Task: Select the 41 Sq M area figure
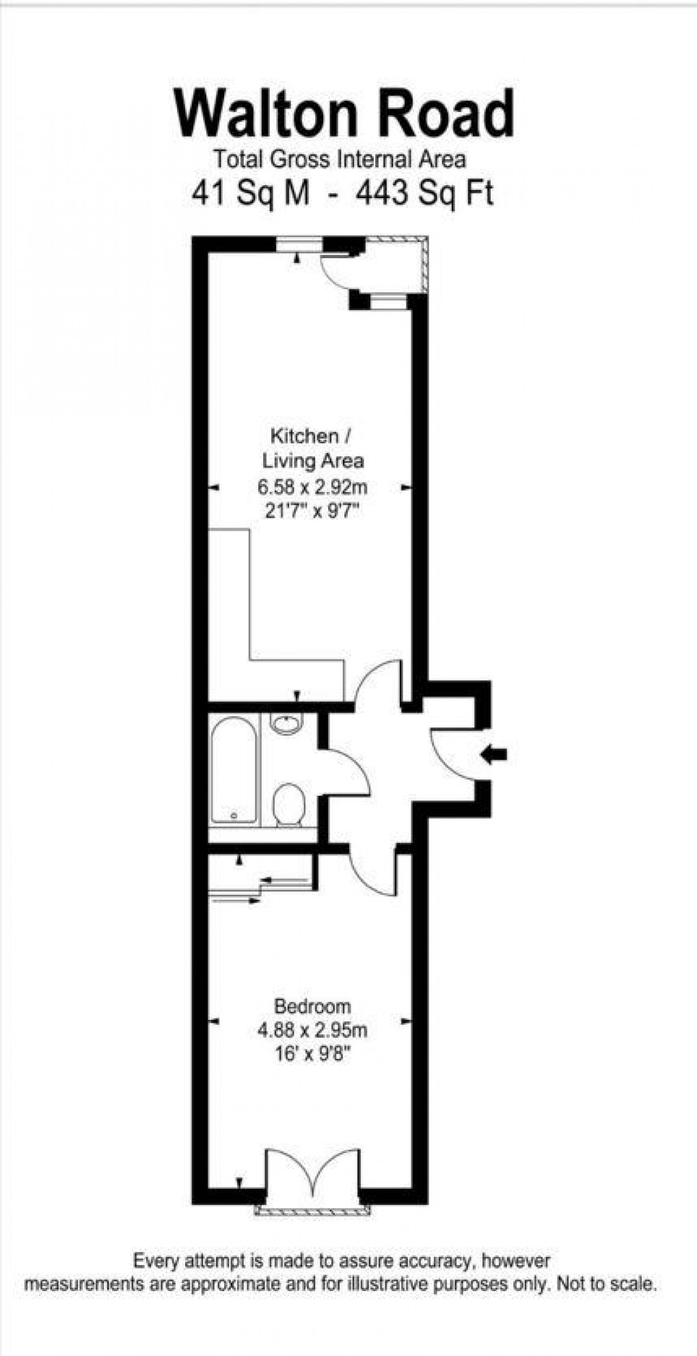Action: (x=251, y=194)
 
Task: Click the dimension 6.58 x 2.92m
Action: (x=312, y=487)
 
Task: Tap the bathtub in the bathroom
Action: (x=234, y=769)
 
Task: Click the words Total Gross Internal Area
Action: (x=340, y=160)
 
